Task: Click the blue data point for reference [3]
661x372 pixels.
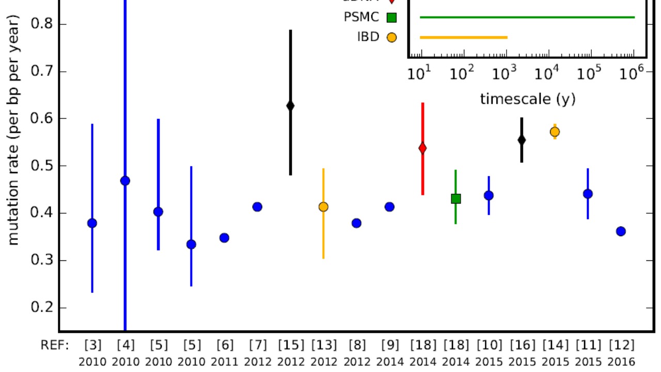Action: click(x=92, y=223)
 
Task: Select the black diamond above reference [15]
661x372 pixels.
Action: click(x=290, y=106)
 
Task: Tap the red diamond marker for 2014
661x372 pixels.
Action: click(x=422, y=148)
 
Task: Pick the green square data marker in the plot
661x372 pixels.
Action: click(x=455, y=198)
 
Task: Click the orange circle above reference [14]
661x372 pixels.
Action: click(x=555, y=132)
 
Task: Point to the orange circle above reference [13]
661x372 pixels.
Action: click(x=323, y=207)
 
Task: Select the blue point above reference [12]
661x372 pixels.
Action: click(x=621, y=231)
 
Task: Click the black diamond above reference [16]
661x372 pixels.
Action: click(x=522, y=139)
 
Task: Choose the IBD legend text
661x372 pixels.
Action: click(x=368, y=37)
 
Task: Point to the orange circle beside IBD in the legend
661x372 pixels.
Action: click(x=391, y=37)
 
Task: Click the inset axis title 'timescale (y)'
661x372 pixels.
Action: click(x=527, y=99)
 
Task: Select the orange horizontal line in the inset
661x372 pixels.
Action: click(x=464, y=37)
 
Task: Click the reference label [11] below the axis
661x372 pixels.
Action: click(x=588, y=345)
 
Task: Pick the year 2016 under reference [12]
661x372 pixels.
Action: click(x=621, y=362)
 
